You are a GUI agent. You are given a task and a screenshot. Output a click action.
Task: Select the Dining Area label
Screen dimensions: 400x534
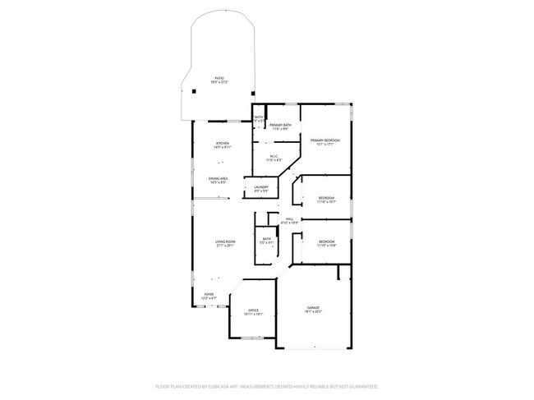(x=219, y=178)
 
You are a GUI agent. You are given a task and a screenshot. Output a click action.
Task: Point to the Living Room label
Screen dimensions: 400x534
(x=226, y=241)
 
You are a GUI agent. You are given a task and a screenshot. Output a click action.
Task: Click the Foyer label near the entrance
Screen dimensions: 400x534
(x=209, y=294)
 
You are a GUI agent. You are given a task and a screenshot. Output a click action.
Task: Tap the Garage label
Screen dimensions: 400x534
(x=314, y=307)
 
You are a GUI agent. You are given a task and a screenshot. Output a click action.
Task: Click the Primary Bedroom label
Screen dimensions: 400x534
(x=325, y=140)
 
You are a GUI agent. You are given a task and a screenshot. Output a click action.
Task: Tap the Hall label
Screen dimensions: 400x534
(x=289, y=219)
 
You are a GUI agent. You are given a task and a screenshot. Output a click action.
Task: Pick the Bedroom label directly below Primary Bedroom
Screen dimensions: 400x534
(x=326, y=198)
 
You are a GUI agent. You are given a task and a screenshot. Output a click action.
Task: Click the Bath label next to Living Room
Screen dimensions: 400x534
(x=266, y=239)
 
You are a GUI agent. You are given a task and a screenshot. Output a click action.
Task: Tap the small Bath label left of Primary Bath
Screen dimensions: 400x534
(x=259, y=117)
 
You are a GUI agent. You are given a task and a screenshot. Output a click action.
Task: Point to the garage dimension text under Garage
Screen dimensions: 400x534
(x=314, y=311)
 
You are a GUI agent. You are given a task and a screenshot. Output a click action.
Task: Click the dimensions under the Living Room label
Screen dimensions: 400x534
(x=226, y=246)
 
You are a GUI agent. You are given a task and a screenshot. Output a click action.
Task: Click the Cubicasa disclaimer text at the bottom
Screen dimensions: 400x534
(x=266, y=385)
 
